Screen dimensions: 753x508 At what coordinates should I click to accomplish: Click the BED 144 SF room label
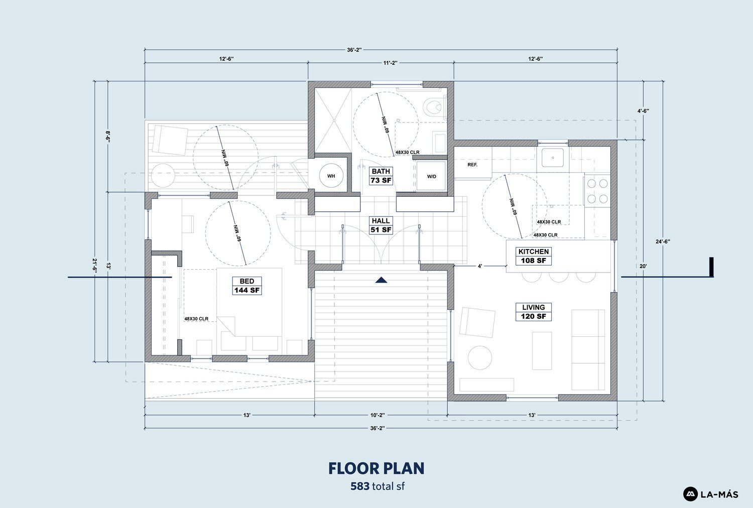(x=247, y=286)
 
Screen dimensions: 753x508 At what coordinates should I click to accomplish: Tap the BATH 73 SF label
(x=381, y=176)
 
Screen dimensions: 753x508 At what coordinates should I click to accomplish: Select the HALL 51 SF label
(x=381, y=225)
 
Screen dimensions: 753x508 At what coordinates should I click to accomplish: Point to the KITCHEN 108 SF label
(x=534, y=256)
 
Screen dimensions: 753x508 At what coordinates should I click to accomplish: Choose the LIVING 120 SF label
(x=534, y=312)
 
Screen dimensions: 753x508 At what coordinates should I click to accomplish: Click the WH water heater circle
(x=331, y=176)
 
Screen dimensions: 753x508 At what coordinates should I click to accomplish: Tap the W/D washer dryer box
(x=431, y=176)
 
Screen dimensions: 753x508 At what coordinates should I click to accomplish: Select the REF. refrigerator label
(x=472, y=165)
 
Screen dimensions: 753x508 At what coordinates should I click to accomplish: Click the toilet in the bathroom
(x=434, y=107)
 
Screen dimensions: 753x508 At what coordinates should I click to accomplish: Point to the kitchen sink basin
(x=552, y=157)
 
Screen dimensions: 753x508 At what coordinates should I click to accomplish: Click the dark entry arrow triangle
(x=381, y=280)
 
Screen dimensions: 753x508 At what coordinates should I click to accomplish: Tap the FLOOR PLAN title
(x=376, y=468)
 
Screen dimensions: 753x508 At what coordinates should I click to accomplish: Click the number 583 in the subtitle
(x=360, y=486)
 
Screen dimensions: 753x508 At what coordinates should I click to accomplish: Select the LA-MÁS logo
(x=711, y=494)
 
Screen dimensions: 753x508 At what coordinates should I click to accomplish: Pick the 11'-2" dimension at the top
(x=390, y=63)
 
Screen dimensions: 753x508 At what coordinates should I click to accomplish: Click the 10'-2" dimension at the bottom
(x=378, y=415)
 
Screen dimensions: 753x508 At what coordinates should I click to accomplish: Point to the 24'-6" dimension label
(x=663, y=241)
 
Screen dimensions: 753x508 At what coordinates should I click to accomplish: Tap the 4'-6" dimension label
(x=643, y=111)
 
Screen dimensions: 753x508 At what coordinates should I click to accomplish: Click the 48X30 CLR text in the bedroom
(x=196, y=319)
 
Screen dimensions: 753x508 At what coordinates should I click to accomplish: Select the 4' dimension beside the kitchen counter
(x=480, y=266)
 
